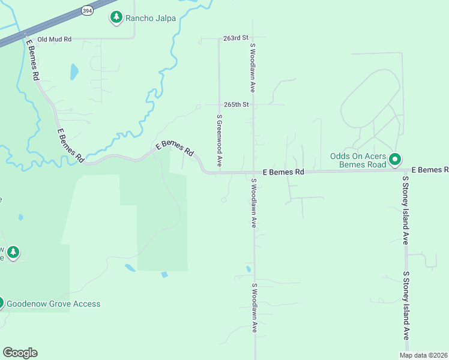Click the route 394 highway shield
point(88,10)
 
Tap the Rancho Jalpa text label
point(150,18)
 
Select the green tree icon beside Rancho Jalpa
point(116,17)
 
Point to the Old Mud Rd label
point(54,39)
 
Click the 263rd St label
point(235,38)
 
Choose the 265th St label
point(235,104)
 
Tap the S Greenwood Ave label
point(220,140)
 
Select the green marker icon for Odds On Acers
point(395,160)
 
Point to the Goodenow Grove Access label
point(53,304)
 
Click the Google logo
point(20,353)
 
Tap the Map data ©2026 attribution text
point(424,355)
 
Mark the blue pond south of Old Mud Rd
point(74,72)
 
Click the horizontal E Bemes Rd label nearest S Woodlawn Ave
point(283,172)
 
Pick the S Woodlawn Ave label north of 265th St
point(253,67)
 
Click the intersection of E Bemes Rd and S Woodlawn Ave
point(254,172)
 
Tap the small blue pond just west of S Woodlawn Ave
point(248,269)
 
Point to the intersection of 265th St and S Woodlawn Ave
point(253,104)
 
